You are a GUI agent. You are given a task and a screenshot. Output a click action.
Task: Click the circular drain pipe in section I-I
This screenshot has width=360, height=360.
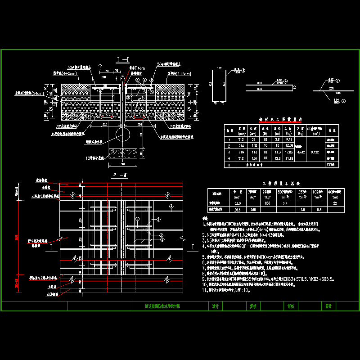122,134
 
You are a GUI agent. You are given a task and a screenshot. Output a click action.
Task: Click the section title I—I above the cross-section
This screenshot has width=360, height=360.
123,59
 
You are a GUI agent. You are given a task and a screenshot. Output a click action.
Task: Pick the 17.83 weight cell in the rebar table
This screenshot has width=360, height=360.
277,152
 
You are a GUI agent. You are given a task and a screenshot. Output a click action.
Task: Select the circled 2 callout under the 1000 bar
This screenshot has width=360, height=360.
343,101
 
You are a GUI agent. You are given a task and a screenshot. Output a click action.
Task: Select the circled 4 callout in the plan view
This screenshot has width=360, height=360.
171,207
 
